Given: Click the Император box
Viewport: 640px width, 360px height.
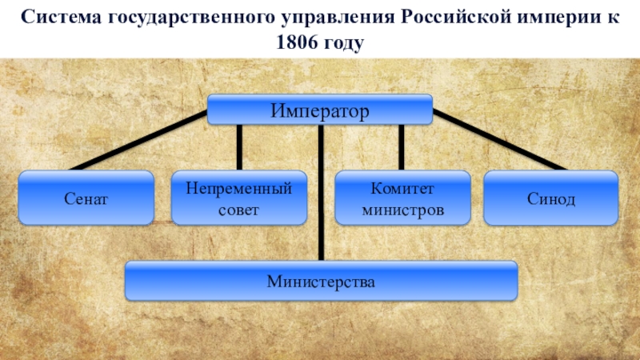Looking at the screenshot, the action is tap(320, 110).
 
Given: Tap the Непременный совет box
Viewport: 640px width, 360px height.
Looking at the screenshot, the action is tap(239, 197).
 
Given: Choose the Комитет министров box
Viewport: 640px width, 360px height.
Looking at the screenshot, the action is tap(402, 197).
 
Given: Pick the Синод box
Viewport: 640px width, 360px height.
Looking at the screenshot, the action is tap(550, 197).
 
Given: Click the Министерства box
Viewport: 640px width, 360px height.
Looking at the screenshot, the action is tap(321, 282).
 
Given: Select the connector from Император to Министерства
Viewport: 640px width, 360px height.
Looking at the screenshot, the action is tap(320, 192).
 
